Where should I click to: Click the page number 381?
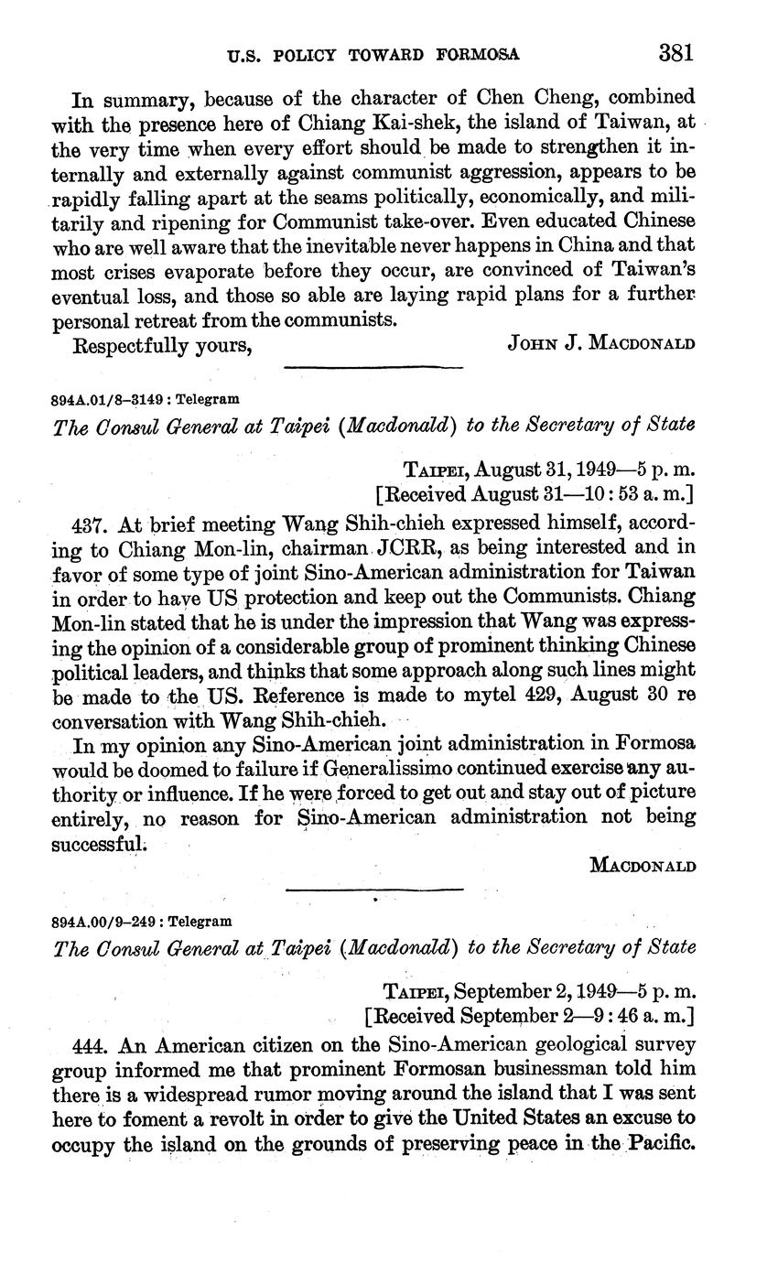tap(677, 52)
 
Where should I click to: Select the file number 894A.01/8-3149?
tap(111, 399)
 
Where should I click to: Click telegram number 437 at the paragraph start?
tap(88, 525)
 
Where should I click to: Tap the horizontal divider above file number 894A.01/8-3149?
tap(374, 368)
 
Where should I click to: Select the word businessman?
tap(518, 1069)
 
